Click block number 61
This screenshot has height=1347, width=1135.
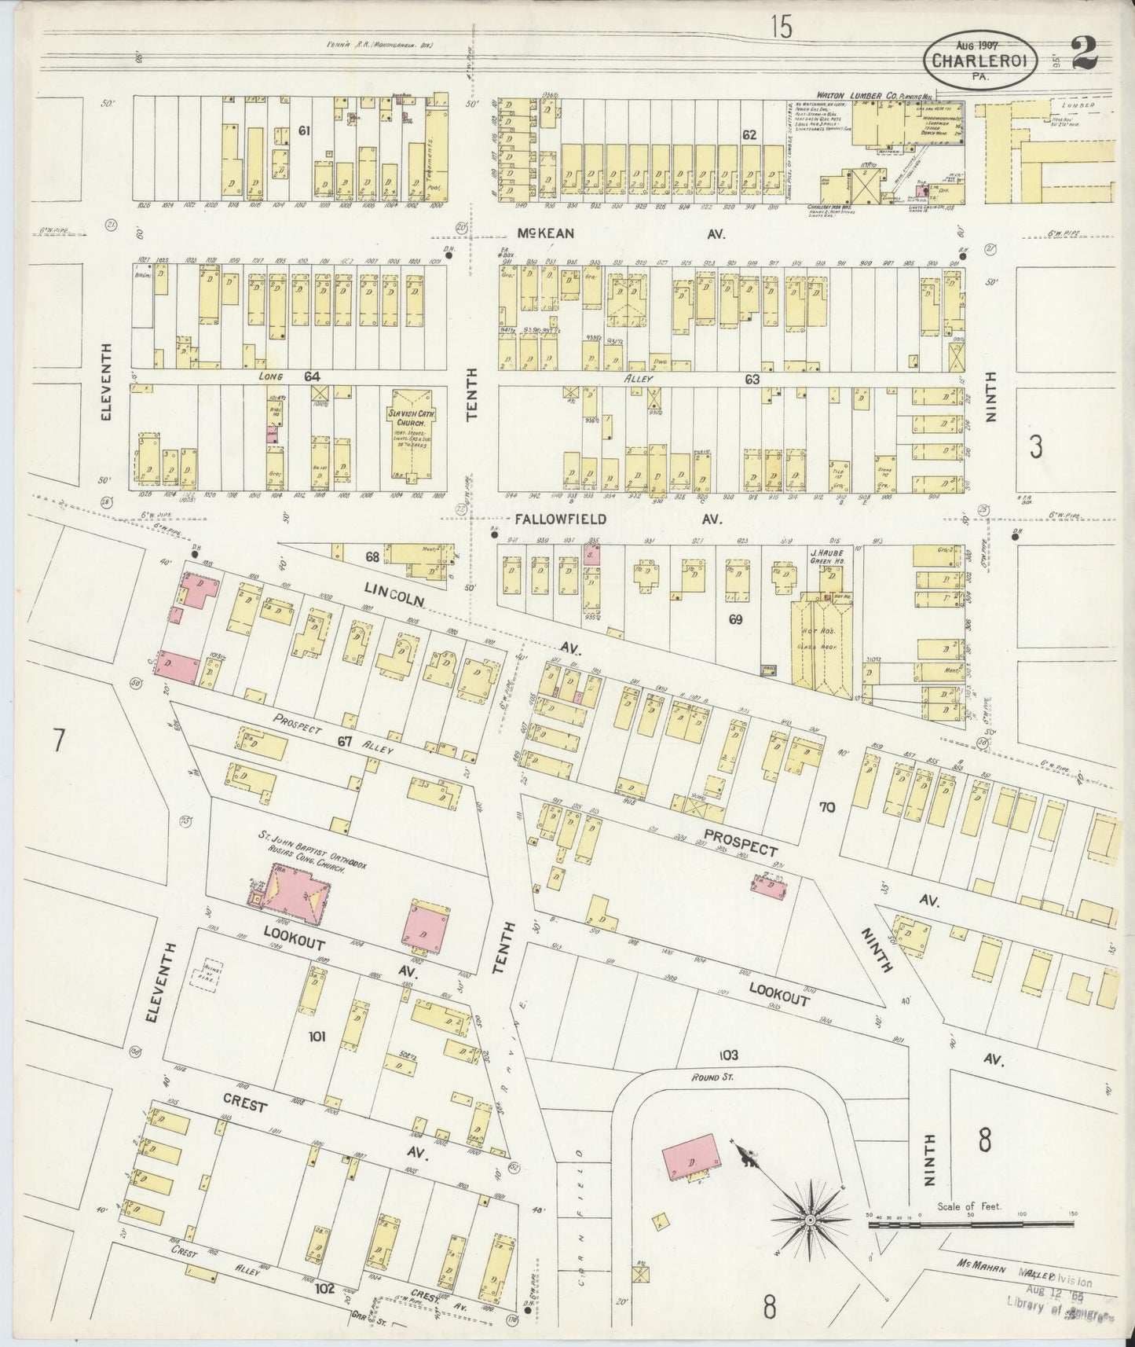tap(306, 130)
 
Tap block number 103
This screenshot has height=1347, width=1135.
tap(727, 1054)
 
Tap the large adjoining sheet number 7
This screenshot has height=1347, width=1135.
tap(57, 740)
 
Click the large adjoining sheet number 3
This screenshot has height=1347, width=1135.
tap(1037, 447)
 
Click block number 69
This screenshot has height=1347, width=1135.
tap(734, 619)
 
